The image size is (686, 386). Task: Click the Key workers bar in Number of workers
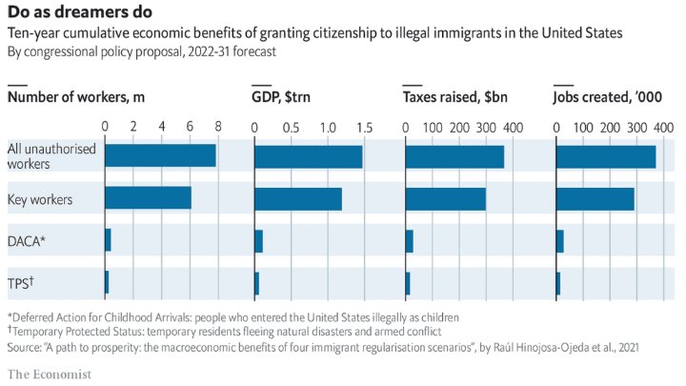(148, 198)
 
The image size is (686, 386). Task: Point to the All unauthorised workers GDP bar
(308, 156)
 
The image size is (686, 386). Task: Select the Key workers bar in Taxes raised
(445, 198)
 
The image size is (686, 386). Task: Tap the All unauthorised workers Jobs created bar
(605, 156)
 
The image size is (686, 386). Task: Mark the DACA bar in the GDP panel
(258, 240)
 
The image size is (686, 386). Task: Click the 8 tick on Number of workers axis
(219, 127)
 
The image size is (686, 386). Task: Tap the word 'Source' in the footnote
(24, 348)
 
